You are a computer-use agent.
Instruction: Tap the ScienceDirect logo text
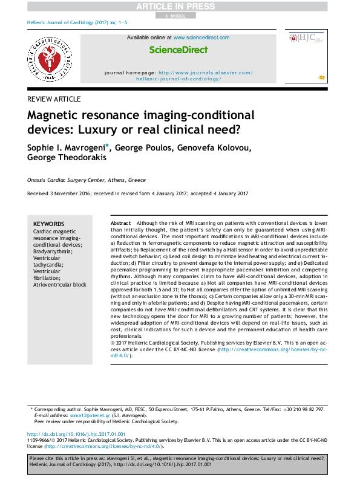178,50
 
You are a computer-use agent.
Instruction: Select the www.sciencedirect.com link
201,37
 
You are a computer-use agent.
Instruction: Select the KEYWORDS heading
48,223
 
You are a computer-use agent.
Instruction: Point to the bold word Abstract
121,223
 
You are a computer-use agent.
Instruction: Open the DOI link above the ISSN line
76,434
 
